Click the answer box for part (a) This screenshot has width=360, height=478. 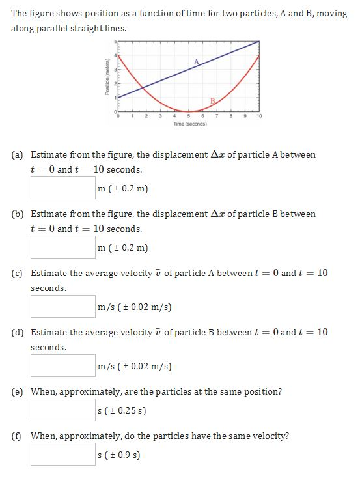coord(63,188)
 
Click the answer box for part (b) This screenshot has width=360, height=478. coord(63,247)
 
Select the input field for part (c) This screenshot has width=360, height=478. coord(63,306)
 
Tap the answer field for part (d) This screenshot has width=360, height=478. coord(63,365)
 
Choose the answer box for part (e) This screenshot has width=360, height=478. coord(63,410)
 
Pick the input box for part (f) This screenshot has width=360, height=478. coord(63,454)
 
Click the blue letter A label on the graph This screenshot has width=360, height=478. coord(195,61)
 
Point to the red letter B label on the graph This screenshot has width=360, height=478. coord(212,100)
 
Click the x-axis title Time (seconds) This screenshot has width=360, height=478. coord(190,124)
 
